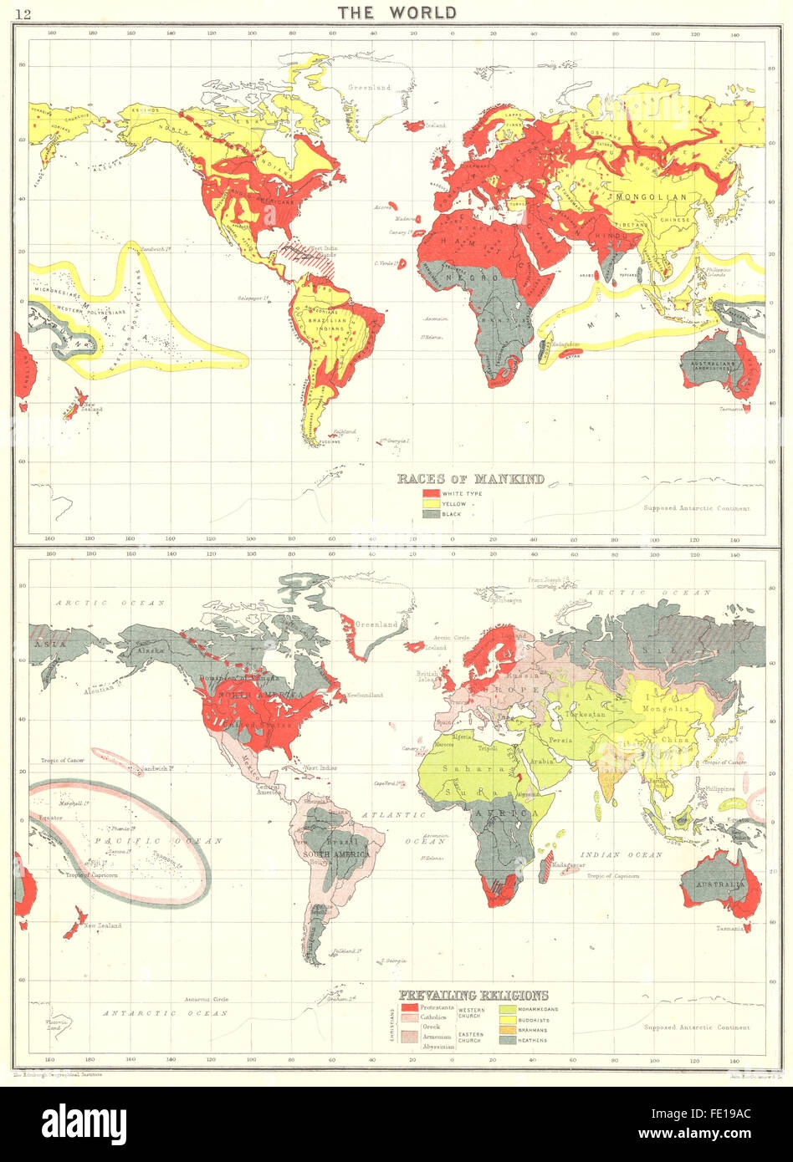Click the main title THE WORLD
coord(396,12)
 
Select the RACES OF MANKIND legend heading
coord(469,479)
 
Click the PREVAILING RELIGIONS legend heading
coord(473,995)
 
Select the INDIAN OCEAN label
coord(627,854)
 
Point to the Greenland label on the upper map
coord(370,87)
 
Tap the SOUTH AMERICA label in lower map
coord(332,853)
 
